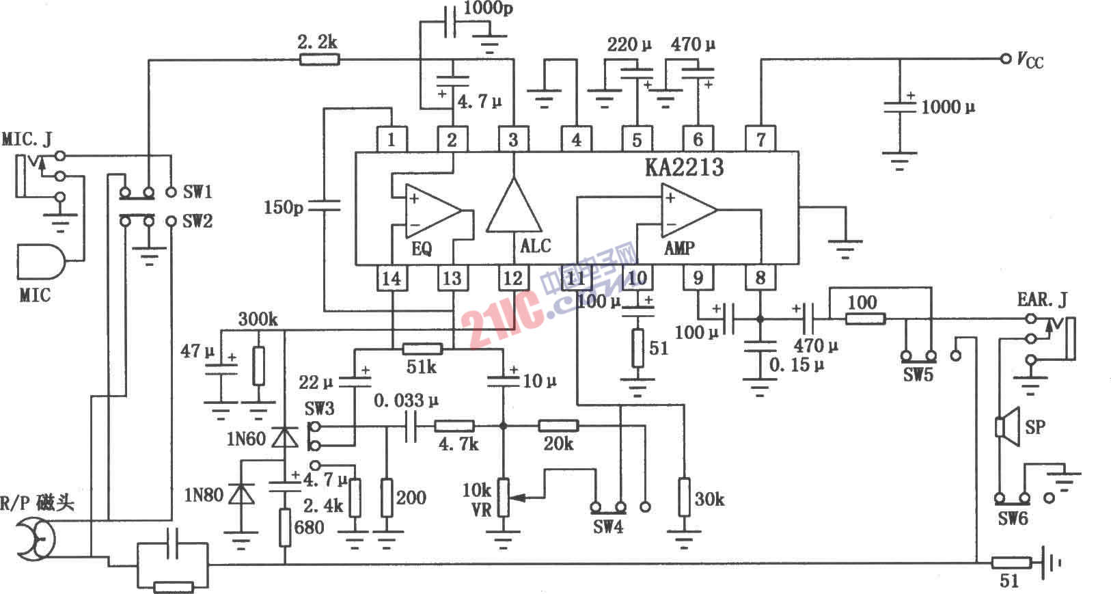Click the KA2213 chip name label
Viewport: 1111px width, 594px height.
coord(684,167)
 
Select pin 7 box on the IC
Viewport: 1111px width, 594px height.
coord(760,139)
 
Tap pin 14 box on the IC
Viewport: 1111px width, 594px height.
coord(392,278)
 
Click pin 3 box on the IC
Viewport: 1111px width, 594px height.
coord(513,139)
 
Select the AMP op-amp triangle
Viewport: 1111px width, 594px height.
coord(687,209)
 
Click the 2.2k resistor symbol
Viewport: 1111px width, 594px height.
coord(319,59)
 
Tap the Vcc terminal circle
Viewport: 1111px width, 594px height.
coord(1005,59)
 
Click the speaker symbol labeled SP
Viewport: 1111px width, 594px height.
coord(1007,427)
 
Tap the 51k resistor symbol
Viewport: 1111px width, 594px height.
coord(422,349)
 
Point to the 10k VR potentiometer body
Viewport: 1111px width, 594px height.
coord(503,497)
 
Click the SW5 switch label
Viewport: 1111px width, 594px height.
coord(918,375)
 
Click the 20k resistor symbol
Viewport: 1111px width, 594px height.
coord(558,426)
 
